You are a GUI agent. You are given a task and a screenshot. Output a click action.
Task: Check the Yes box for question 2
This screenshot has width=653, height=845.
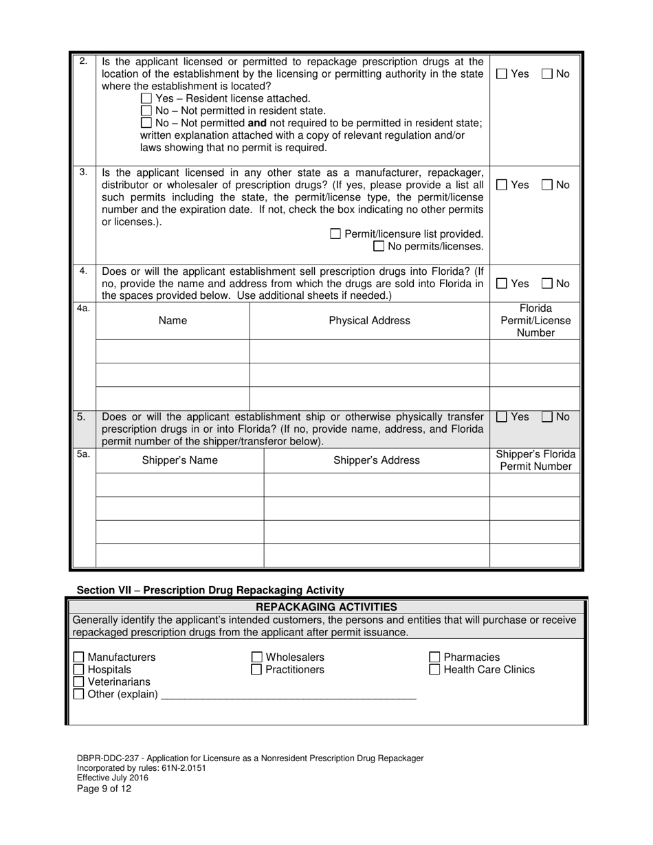502,74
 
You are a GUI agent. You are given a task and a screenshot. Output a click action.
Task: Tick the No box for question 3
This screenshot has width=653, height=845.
547,185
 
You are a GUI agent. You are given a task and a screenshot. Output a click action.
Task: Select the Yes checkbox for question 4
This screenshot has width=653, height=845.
502,283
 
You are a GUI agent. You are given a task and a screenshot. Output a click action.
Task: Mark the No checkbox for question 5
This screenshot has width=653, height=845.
547,416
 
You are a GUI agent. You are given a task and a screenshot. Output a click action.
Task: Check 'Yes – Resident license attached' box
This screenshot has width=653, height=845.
146,98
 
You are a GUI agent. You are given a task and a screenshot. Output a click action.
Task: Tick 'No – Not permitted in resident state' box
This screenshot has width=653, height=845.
146,111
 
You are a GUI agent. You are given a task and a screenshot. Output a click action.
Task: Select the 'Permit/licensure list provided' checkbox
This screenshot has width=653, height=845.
335,234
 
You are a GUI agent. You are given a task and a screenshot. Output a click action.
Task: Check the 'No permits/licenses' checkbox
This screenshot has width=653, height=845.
379,247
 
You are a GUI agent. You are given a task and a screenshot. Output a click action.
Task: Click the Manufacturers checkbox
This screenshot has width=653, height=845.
79,657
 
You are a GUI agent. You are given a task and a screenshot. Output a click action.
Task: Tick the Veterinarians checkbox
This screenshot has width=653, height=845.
79,682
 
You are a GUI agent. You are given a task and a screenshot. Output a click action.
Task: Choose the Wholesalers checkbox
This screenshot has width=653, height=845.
256,657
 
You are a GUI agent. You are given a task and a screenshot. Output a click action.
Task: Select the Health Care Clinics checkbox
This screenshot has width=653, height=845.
434,670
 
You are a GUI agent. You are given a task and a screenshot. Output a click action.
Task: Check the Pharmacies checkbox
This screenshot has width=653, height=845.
434,657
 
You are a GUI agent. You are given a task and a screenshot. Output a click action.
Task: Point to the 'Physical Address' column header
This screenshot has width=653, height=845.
369,321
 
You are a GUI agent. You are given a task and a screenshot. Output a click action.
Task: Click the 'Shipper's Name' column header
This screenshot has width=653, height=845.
179,460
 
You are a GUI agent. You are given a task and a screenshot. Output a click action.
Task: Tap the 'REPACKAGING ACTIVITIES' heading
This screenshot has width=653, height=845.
326,607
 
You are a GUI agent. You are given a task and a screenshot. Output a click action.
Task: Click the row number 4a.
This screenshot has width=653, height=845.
83,309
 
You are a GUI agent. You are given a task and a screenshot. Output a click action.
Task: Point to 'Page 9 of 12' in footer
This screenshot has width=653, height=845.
104,789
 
